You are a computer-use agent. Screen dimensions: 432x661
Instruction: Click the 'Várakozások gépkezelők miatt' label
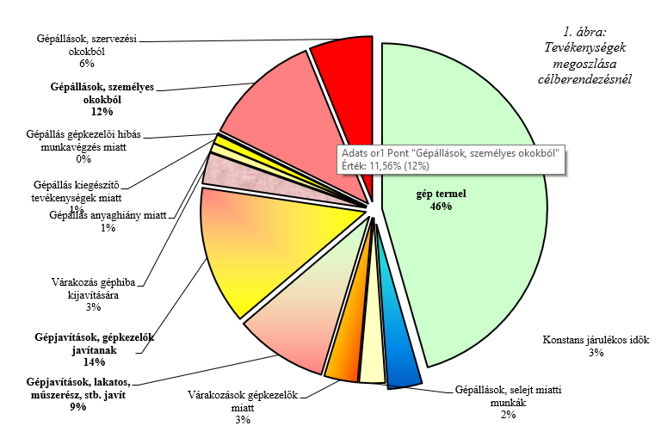(242, 407)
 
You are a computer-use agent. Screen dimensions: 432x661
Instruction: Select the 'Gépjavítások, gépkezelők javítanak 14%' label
(90, 349)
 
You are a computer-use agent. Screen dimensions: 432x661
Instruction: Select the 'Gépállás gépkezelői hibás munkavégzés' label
(83, 146)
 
